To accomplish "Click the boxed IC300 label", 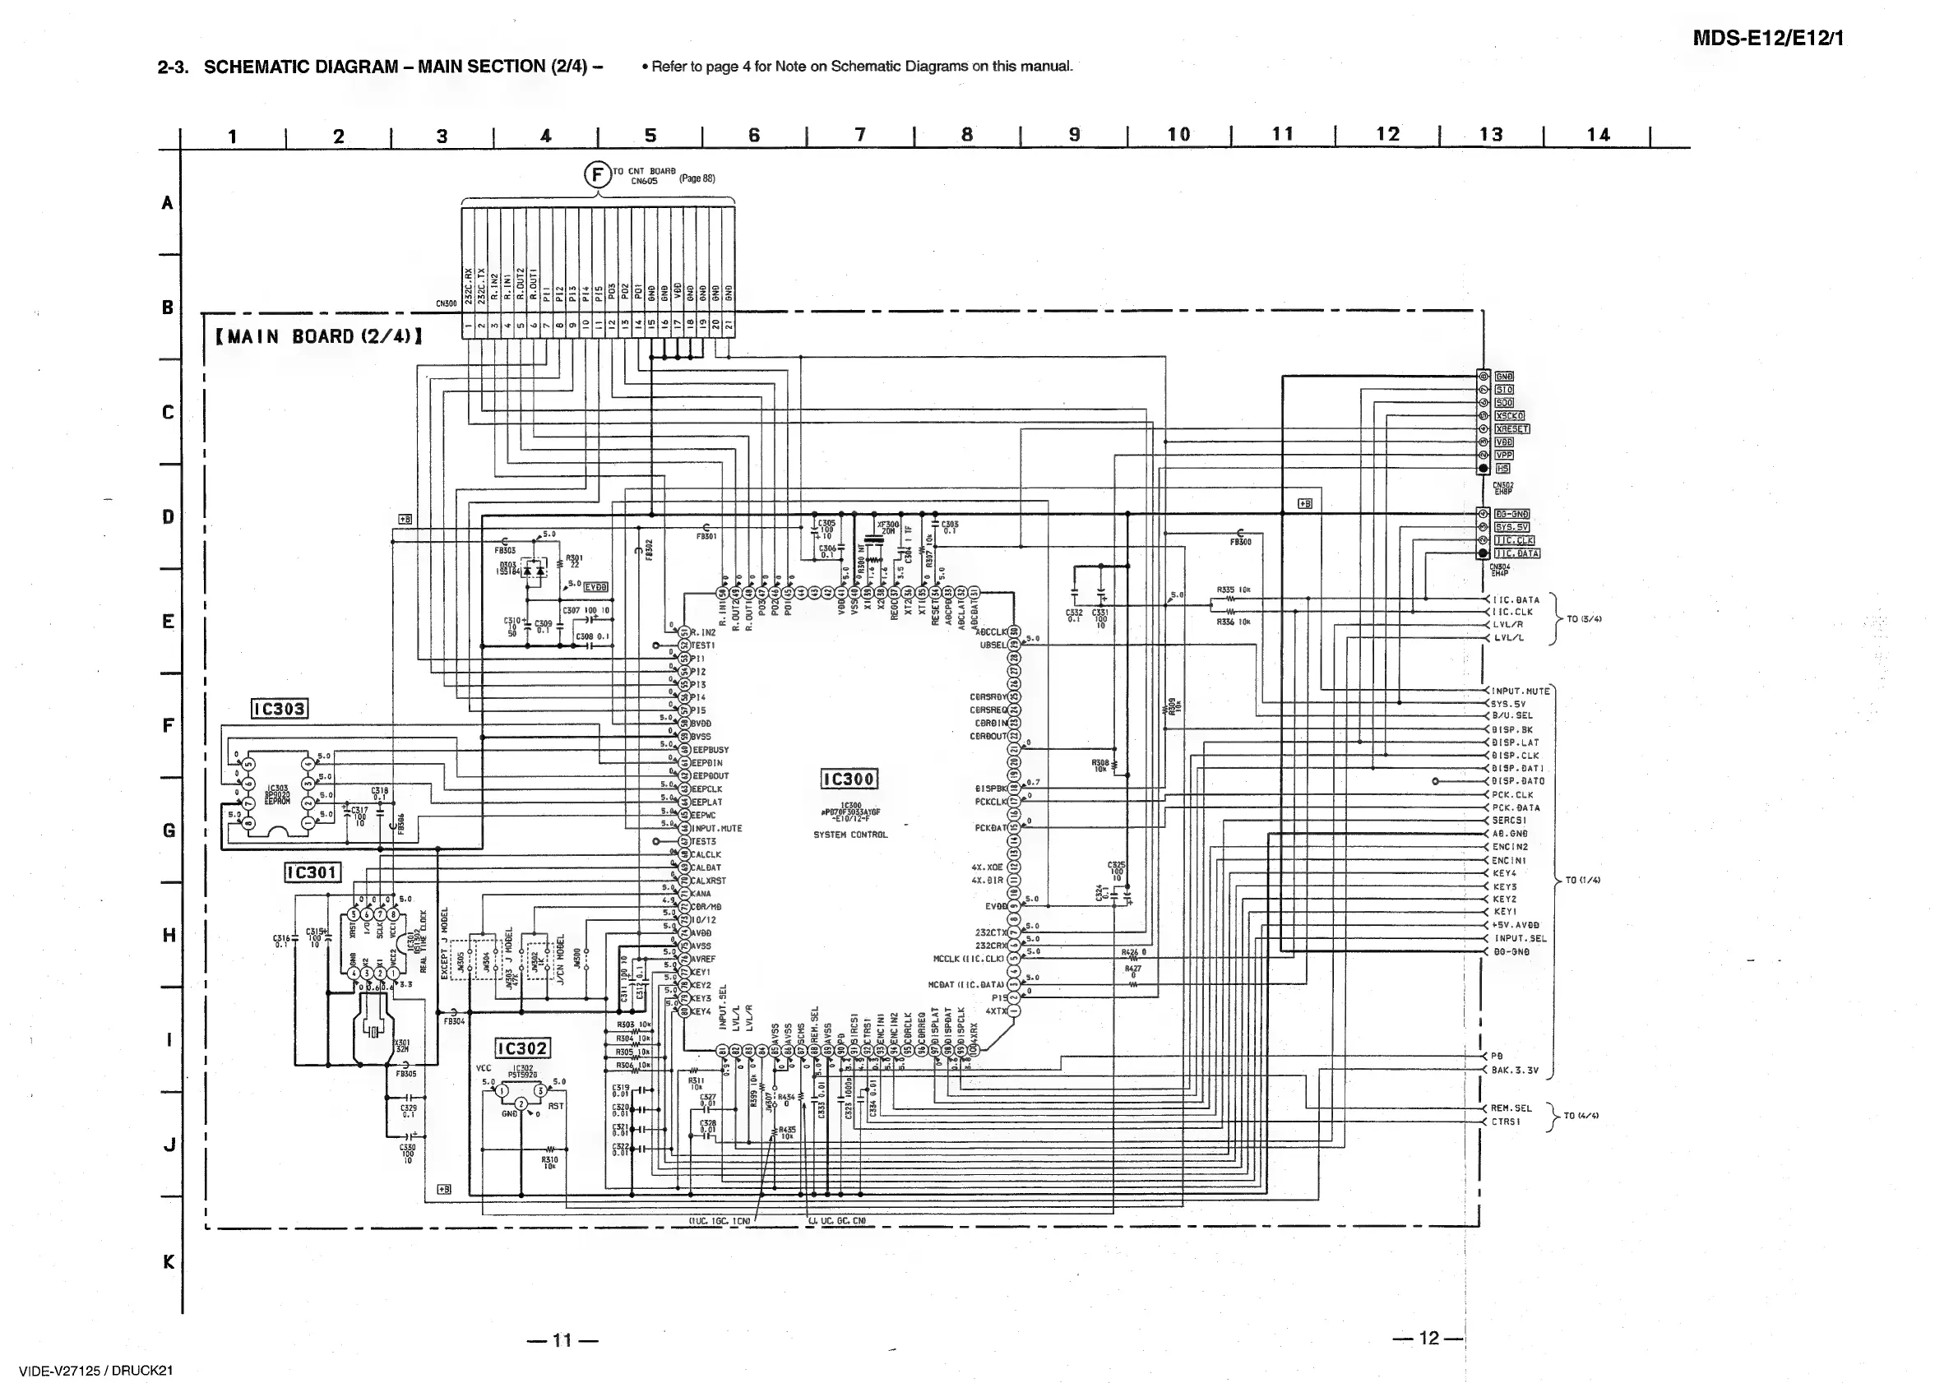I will click(x=848, y=779).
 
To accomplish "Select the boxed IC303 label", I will click(x=280, y=709).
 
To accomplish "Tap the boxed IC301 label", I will click(x=312, y=872).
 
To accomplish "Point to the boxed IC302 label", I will click(x=522, y=1048).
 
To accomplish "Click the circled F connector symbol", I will click(x=597, y=175).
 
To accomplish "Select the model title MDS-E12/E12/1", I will click(x=1768, y=39).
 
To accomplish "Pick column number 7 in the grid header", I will click(x=859, y=135).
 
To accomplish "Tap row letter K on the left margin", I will click(x=168, y=1262).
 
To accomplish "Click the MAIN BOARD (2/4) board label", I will click(x=320, y=337).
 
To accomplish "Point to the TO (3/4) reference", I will click(x=1584, y=619).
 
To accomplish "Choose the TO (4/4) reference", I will click(x=1581, y=1115).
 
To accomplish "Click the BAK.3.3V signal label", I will click(x=1516, y=1070).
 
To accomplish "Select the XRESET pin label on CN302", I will click(x=1512, y=429).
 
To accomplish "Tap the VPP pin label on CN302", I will click(x=1504, y=456).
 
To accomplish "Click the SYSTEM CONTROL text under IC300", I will click(x=850, y=835).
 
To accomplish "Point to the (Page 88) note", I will click(x=697, y=179).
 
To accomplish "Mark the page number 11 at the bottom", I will click(x=562, y=1340).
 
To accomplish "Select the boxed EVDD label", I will click(x=596, y=586).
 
